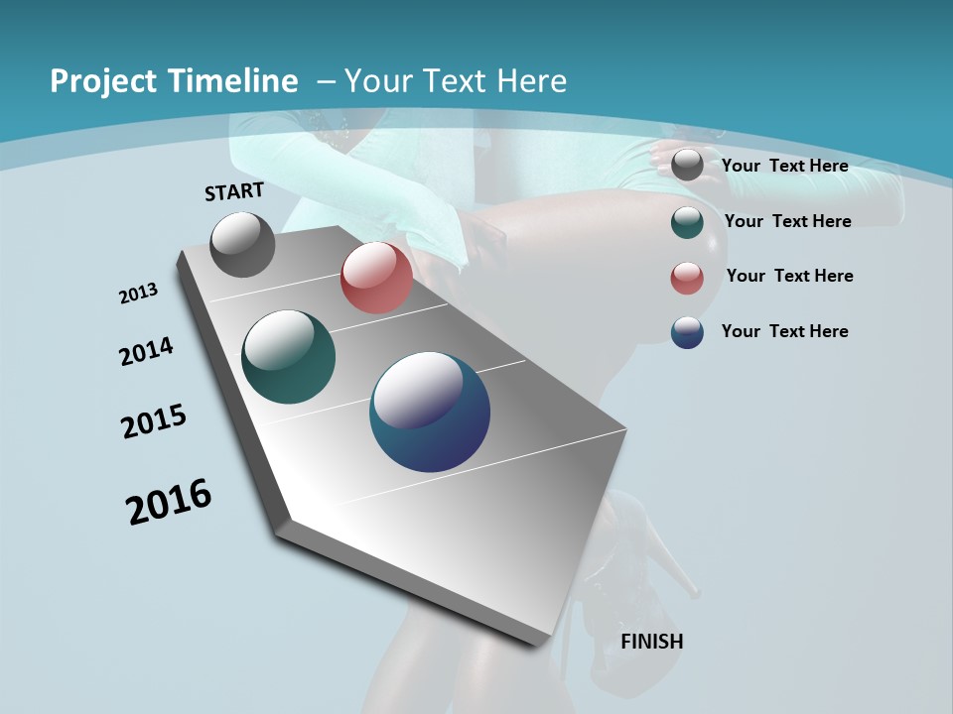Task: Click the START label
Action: tap(234, 191)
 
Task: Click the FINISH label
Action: tap(651, 642)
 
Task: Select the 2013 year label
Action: tap(139, 294)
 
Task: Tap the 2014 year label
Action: tap(147, 351)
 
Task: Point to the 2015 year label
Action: tap(154, 421)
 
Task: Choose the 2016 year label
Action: tap(169, 502)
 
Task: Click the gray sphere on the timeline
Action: tap(242, 244)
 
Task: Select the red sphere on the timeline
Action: tap(376, 278)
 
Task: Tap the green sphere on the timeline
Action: tap(288, 357)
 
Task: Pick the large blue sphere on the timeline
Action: tap(429, 412)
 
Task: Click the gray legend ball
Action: tap(687, 166)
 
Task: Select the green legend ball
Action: tap(687, 222)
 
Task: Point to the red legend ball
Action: tap(687, 278)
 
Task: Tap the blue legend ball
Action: tap(687, 332)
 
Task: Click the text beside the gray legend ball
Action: tap(784, 166)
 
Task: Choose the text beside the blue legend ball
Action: tap(784, 331)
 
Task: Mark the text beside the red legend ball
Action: tap(789, 276)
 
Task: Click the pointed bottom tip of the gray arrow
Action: tap(541, 643)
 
